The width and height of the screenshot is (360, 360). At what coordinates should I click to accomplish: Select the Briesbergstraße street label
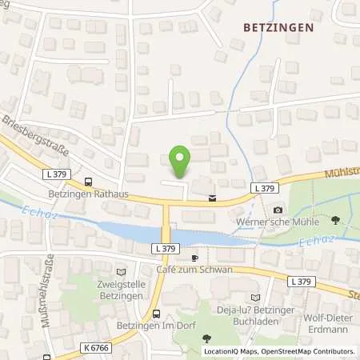point(36,137)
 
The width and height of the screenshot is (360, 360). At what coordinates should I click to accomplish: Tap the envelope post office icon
point(211,198)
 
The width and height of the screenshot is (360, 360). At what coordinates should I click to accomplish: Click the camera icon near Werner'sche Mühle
point(277,210)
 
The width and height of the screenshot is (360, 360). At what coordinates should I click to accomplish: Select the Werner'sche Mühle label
point(277,221)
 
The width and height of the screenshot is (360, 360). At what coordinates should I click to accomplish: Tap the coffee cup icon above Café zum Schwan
point(194,258)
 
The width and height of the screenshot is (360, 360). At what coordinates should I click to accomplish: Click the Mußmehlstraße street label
point(48,280)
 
